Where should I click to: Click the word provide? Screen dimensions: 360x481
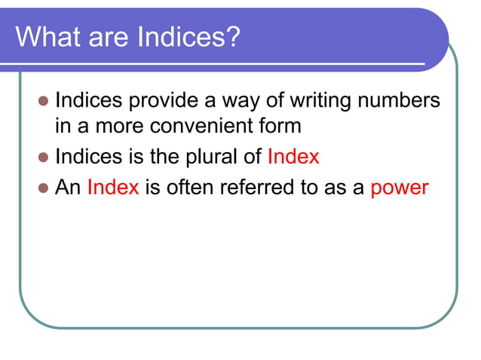173,101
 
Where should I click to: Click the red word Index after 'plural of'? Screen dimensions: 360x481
293,157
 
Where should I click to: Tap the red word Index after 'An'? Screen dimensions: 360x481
113,186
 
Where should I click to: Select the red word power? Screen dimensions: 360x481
400,188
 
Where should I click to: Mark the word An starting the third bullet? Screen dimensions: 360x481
68,186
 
